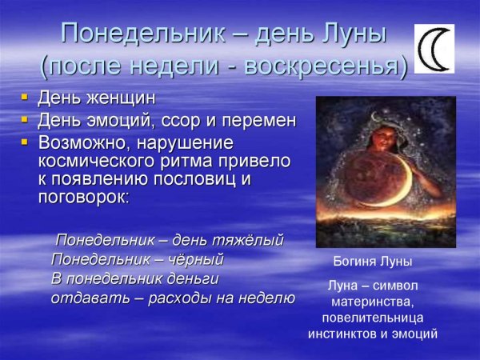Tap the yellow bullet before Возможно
click(26, 143)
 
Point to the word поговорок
click(82, 198)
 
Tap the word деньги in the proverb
click(190, 278)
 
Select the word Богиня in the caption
click(353, 262)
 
